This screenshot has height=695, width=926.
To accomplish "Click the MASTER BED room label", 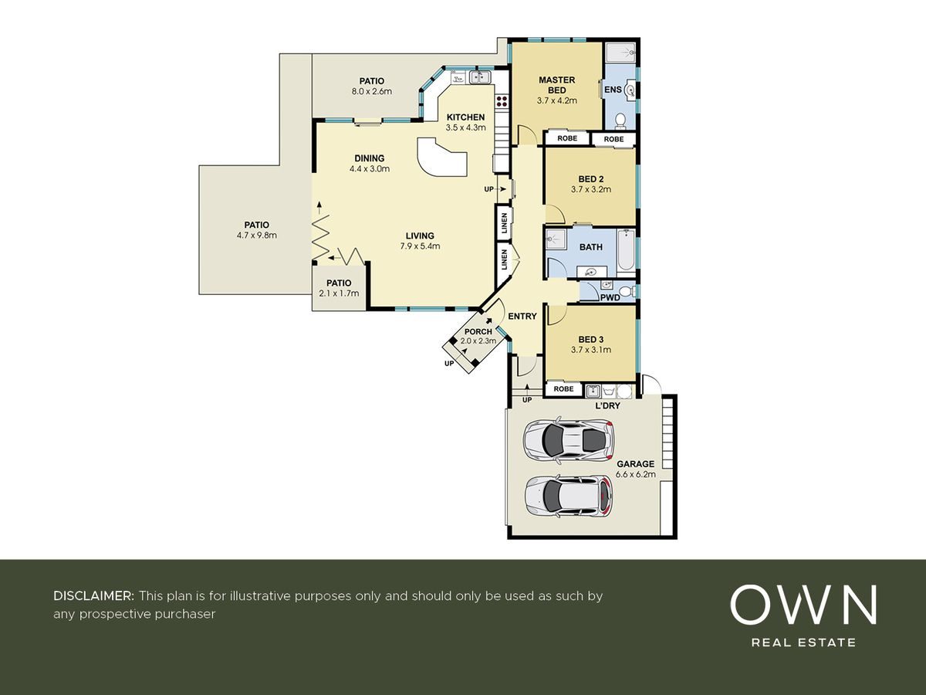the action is click(x=557, y=85).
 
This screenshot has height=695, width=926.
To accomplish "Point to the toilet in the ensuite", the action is click(x=620, y=121).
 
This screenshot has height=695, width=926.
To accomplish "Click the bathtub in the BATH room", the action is click(x=627, y=249).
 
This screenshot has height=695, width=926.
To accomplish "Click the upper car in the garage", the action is click(x=568, y=440).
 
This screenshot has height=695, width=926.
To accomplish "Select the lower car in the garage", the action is click(x=569, y=496).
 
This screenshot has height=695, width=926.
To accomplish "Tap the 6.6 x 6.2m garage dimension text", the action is click(x=635, y=474).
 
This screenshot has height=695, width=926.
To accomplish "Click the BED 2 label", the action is click(x=590, y=179).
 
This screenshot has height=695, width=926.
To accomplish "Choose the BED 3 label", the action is click(x=590, y=339).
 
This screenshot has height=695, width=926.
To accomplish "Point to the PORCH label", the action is click(x=478, y=332).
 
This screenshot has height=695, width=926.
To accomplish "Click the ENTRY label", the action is click(x=522, y=316).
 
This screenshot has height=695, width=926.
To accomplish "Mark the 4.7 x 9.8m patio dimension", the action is click(x=256, y=236).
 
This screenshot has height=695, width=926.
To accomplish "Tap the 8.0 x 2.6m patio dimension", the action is click(x=372, y=91).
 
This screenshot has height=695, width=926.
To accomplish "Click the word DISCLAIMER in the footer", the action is click(x=93, y=596).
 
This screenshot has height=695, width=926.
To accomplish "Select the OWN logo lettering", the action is click(x=803, y=605).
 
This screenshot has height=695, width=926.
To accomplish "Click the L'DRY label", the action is click(x=607, y=405).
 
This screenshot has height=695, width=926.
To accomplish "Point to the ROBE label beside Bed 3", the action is click(x=563, y=388).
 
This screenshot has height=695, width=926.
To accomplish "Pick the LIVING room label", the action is click(x=420, y=236).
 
